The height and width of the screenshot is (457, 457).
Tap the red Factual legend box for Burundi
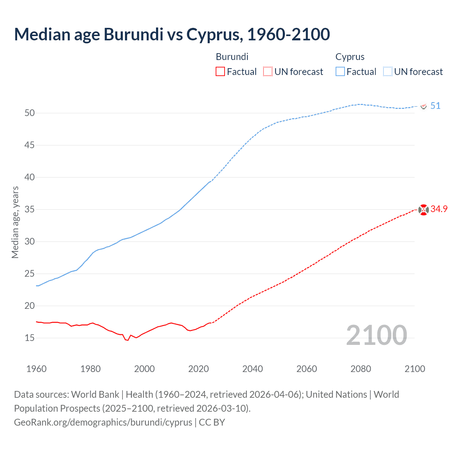pyautogui.click(x=220, y=72)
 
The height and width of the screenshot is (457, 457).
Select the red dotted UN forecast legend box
pyautogui.click(x=268, y=72)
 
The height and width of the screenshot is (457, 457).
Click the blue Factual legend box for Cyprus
pyautogui.click(x=340, y=72)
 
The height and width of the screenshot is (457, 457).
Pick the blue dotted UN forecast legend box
pyautogui.click(x=387, y=72)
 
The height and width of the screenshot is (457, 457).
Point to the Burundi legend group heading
pyautogui.click(x=232, y=57)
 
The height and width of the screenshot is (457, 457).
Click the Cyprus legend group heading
pyautogui.click(x=350, y=57)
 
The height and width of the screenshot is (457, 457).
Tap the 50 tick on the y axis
pyautogui.click(x=30, y=113)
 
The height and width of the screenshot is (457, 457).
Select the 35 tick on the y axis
pyautogui.click(x=30, y=210)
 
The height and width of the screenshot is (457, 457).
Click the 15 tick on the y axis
pyautogui.click(x=30, y=338)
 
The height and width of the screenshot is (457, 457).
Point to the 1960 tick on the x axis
pyautogui.click(x=36, y=369)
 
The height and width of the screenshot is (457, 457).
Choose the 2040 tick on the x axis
pyautogui.click(x=252, y=369)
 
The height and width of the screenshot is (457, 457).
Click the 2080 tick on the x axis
pyautogui.click(x=361, y=369)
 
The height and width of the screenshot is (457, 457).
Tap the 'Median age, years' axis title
pyautogui.click(x=15, y=222)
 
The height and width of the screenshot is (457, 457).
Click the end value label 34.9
pyautogui.click(x=439, y=209)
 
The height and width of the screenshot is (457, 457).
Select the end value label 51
pyautogui.click(x=435, y=106)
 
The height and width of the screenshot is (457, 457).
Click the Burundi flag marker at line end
pyautogui.click(x=423, y=210)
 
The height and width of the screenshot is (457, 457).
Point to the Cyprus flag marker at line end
pyautogui.click(x=423, y=106)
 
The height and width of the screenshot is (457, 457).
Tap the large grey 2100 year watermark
pyautogui.click(x=376, y=335)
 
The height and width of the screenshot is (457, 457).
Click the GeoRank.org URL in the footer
pyautogui.click(x=103, y=422)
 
